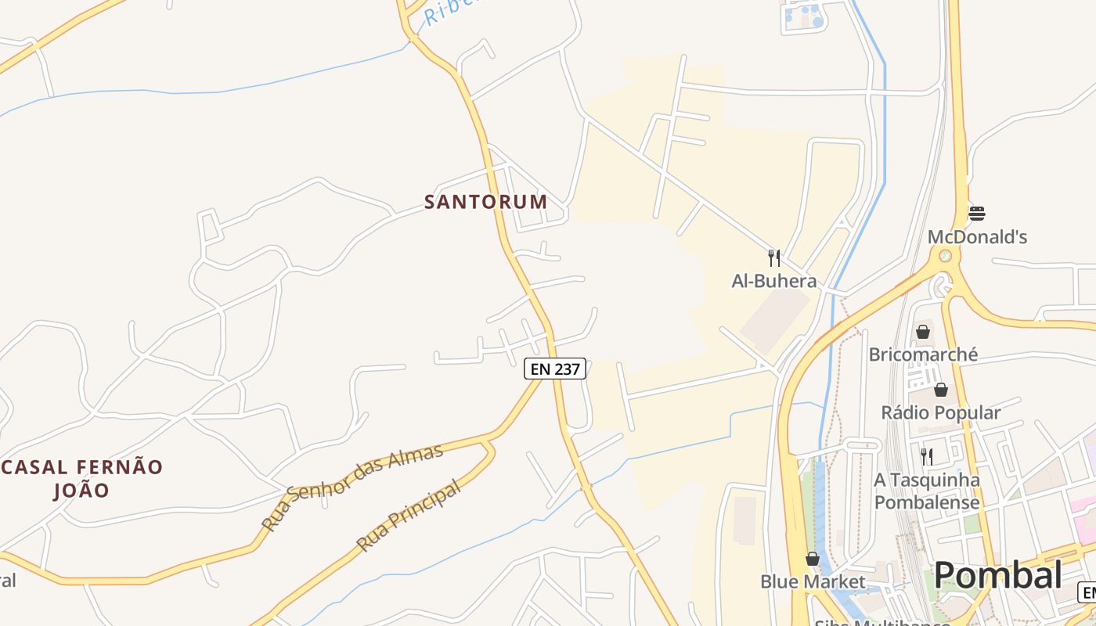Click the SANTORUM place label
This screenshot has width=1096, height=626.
(x=485, y=202)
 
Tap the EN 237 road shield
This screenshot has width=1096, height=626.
(x=555, y=369)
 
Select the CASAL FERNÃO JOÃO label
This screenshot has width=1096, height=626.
(x=81, y=479)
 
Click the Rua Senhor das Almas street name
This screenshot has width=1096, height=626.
(x=352, y=487)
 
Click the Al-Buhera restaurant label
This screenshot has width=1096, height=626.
(x=773, y=281)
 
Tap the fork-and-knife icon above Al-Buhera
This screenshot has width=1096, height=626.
(x=773, y=258)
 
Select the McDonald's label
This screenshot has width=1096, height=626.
(x=977, y=237)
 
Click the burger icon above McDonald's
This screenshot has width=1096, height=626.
(x=977, y=213)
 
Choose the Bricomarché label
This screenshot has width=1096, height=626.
(x=923, y=354)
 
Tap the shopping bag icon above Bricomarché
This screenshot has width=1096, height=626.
(x=923, y=332)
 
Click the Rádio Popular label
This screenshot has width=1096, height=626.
(x=941, y=412)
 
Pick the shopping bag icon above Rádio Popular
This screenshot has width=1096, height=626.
(x=941, y=390)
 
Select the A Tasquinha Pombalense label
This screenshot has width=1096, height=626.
(x=927, y=491)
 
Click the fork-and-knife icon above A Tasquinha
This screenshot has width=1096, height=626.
(x=927, y=456)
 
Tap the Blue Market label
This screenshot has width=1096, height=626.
(x=813, y=581)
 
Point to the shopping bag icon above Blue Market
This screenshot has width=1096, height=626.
(x=813, y=559)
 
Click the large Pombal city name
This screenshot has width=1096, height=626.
(x=998, y=575)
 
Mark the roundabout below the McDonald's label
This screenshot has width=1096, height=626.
(x=946, y=256)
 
